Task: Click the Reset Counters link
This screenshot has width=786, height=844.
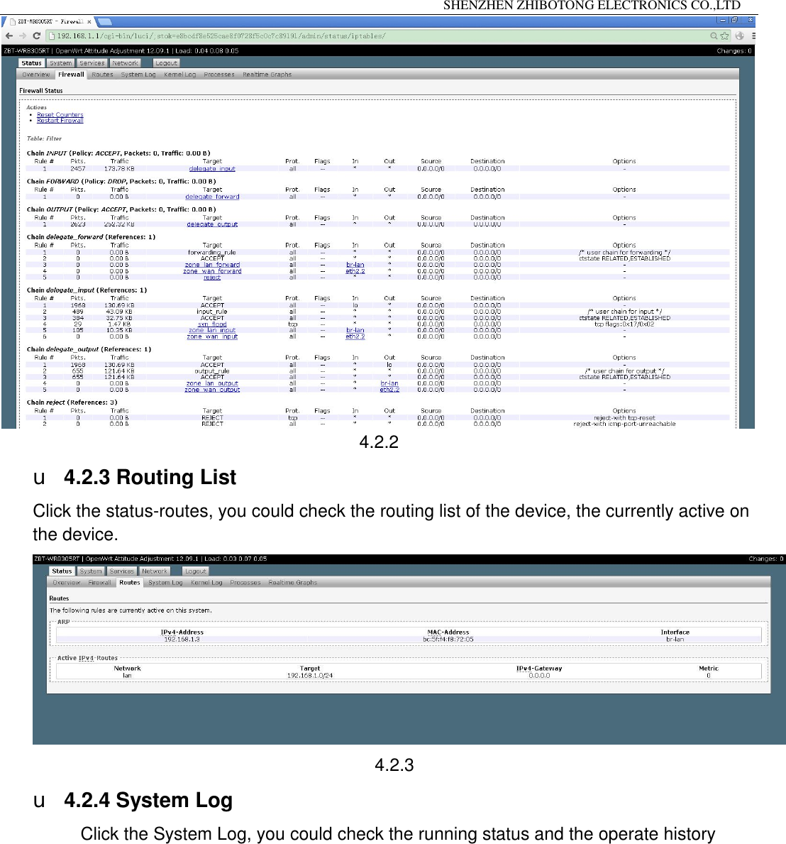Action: tap(60, 115)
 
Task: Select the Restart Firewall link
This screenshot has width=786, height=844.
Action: tap(60, 121)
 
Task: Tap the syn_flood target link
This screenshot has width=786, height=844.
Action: tap(212, 324)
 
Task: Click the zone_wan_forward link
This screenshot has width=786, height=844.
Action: tap(212, 271)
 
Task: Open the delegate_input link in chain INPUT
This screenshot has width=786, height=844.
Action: tap(212, 169)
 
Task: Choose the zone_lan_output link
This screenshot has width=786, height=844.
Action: tap(212, 383)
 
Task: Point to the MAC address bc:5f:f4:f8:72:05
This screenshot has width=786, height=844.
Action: tap(448, 640)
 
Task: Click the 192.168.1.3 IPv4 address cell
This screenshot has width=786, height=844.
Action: tap(182, 640)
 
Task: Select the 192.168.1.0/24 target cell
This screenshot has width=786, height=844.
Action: tap(310, 676)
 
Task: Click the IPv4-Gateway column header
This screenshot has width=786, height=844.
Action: tap(539, 669)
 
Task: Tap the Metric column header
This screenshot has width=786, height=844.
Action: tap(708, 669)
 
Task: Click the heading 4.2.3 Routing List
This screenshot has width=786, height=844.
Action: tap(150, 478)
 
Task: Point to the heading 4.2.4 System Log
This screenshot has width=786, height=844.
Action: tap(148, 801)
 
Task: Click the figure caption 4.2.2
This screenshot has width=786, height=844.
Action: tap(379, 442)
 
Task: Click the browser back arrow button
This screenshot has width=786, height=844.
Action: tap(9, 35)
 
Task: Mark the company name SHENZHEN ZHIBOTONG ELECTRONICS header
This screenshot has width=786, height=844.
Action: tap(592, 6)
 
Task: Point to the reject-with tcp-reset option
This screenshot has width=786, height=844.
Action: tap(624, 418)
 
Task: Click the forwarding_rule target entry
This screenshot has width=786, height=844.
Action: tap(212, 253)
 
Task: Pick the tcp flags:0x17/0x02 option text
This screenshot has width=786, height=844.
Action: tap(624, 324)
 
